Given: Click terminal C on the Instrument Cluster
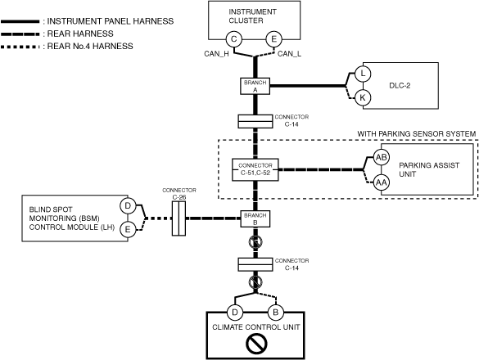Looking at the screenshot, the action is (233, 39).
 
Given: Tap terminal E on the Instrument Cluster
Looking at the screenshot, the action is (273, 39).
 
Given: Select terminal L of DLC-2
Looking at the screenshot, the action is (363, 74).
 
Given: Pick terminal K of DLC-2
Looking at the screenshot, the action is (363, 97).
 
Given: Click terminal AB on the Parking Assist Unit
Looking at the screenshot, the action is (381, 158).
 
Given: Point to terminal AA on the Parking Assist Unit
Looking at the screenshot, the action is (381, 182).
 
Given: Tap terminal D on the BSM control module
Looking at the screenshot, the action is (128, 206).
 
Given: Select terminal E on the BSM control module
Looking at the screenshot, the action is (128, 229).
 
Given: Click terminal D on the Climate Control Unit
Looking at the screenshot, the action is (235, 312).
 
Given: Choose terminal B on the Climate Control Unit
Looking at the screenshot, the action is (276, 312).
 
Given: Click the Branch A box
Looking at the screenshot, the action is (255, 86).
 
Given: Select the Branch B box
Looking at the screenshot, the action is (255, 218).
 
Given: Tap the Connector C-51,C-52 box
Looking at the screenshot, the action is (255, 169).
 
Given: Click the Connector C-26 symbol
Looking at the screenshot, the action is (178, 218).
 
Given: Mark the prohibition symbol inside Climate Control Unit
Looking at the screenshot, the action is (256, 344).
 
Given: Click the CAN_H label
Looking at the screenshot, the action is (216, 54).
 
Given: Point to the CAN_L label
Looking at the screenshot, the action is (289, 54).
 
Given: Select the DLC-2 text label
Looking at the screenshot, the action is (400, 85).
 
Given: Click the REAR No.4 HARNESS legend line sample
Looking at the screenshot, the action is (20, 47).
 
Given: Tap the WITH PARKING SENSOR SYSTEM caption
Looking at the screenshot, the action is (417, 133).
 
